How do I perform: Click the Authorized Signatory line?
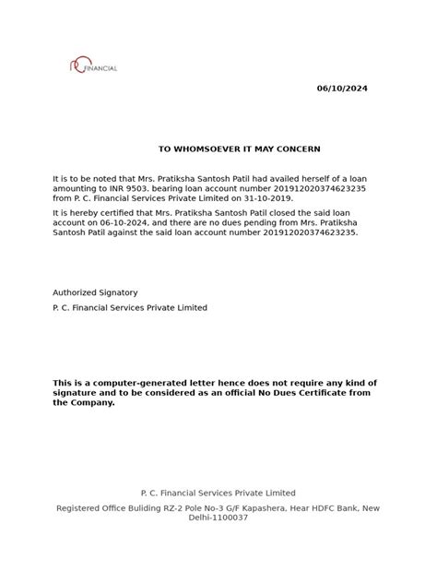click(96, 291)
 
